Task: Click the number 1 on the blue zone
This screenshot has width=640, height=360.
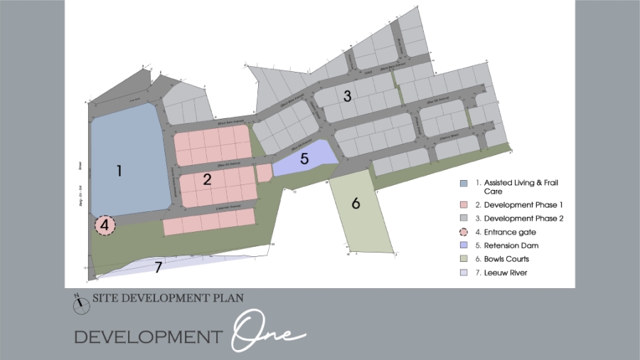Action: (119, 171)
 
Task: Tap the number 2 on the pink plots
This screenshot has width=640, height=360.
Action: (207, 179)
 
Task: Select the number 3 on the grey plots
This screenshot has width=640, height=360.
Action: (347, 97)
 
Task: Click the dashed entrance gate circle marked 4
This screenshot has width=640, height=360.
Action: (105, 226)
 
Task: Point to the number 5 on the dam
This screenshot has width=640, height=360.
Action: (304, 159)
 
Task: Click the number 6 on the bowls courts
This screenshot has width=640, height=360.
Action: (356, 203)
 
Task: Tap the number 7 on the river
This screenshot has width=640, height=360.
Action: (159, 268)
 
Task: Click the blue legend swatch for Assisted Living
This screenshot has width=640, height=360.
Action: (464, 183)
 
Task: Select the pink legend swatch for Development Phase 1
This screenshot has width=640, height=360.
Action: (464, 205)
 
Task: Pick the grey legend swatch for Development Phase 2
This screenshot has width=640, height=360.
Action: (464, 218)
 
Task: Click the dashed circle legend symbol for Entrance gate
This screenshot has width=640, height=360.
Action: (464, 232)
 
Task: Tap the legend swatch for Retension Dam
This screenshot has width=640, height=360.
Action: (464, 245)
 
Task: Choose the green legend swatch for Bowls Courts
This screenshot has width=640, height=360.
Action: (464, 259)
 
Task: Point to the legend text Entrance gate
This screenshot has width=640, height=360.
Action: (516, 232)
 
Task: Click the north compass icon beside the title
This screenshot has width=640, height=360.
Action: (81, 303)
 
